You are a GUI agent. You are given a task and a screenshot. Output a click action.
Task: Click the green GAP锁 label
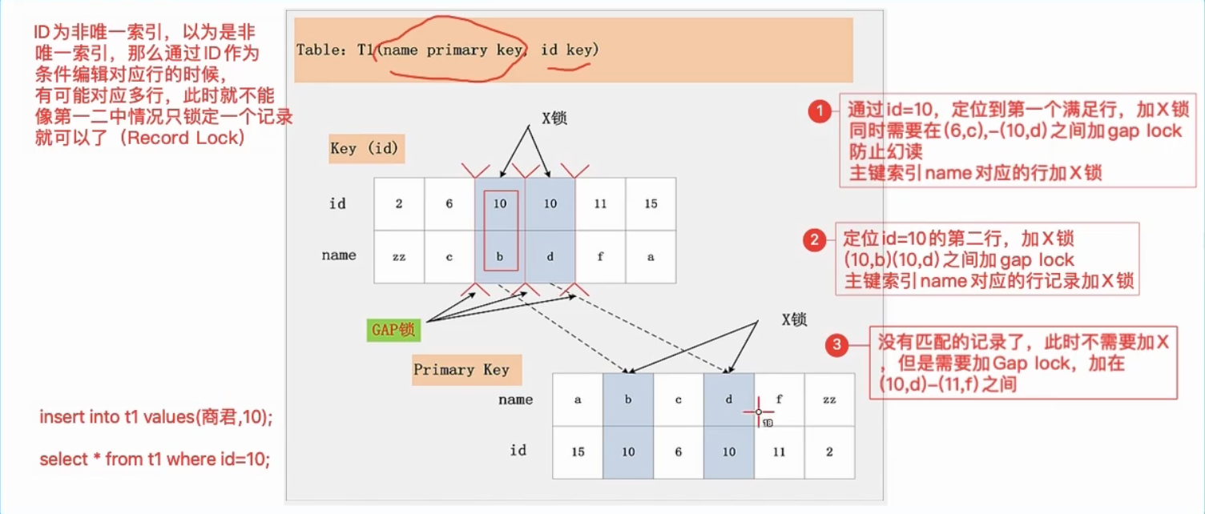point(393,330)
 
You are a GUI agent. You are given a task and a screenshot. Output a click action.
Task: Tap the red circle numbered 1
point(820,111)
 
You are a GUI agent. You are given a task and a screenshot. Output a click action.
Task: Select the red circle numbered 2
point(815,240)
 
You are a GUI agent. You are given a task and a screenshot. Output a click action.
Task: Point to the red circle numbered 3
point(836,344)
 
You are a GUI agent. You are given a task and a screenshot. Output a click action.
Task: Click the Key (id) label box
point(366,148)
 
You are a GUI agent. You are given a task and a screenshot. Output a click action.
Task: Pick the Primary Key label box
point(466,369)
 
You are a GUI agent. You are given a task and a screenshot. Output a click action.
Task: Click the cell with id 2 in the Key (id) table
point(399,204)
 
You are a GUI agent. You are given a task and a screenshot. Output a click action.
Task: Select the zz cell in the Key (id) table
point(399,256)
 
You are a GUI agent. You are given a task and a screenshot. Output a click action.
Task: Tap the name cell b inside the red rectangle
point(500,256)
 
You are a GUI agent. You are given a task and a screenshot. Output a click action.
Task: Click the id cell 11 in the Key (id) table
point(600,204)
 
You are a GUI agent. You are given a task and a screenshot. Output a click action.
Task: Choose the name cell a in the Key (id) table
point(651,256)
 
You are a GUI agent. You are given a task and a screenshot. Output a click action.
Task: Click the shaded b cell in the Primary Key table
point(628,400)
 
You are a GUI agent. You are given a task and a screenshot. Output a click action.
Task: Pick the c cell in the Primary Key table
point(679,400)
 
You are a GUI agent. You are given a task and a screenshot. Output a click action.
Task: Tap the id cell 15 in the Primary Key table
point(578,452)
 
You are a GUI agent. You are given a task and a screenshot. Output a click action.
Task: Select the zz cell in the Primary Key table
point(829,400)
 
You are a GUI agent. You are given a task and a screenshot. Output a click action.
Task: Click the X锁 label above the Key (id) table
point(554,118)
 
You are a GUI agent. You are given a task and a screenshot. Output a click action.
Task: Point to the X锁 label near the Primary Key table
point(794,320)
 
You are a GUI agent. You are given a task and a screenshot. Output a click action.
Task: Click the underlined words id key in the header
point(569,50)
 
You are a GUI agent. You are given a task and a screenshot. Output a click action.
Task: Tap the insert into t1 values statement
point(156,416)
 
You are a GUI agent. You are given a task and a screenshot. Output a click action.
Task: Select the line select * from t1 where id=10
point(155,460)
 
